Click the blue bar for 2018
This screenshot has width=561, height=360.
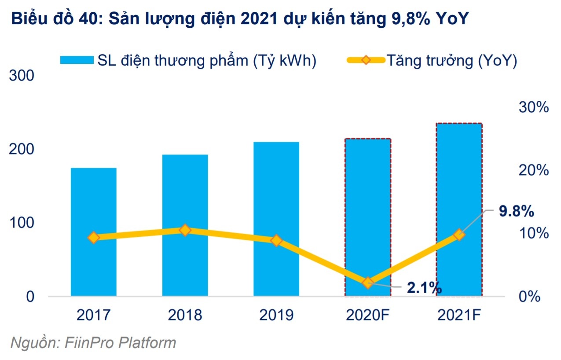tap(185, 264)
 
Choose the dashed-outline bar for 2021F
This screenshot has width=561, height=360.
tap(459, 176)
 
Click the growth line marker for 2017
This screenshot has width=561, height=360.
tap(93, 238)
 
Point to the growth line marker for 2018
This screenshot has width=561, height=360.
tap(185, 230)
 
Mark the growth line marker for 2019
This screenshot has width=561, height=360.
tap(276, 240)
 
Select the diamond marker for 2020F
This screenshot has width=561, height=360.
tap(368, 283)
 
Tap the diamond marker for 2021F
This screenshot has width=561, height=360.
tap(459, 235)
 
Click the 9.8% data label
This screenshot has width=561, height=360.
tap(516, 212)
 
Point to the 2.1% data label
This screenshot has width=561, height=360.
tap(424, 288)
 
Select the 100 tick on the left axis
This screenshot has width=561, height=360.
tap(22, 223)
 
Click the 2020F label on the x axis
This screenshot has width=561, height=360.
tap(368, 315)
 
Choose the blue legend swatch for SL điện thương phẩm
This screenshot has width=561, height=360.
tap(77, 60)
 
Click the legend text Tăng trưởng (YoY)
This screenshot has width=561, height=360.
tap(451, 60)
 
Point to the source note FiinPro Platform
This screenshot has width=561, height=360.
tap(92, 342)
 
